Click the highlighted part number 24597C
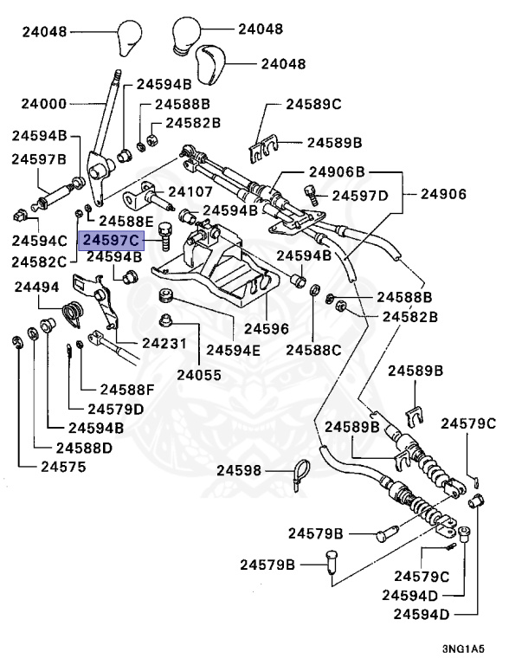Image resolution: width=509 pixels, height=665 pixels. [x=111, y=241]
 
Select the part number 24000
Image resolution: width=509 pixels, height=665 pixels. [x=44, y=104]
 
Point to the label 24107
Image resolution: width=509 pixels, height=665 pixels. [x=190, y=191]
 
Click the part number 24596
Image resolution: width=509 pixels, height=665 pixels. [x=267, y=329]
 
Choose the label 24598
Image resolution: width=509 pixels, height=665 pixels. [x=239, y=470]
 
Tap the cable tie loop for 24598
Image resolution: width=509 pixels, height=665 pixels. [x=299, y=475]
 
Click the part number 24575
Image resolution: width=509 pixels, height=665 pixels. [x=63, y=467]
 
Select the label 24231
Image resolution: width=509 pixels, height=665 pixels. [x=164, y=343]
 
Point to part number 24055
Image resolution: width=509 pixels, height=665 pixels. [x=199, y=375]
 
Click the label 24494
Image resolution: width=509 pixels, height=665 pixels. [x=37, y=287]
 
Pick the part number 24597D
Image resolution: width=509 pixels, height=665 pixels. [x=360, y=196]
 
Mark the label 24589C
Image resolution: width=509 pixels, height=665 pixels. [x=313, y=104]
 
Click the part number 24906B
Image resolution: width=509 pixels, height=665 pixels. [x=337, y=171]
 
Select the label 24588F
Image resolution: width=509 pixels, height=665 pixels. [x=127, y=389]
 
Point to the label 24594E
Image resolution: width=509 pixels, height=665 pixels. [x=234, y=350]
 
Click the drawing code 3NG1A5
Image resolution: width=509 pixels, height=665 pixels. [x=463, y=649]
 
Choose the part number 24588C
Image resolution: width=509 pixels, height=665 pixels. [x=313, y=350]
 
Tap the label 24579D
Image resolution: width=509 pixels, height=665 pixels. [x=116, y=409]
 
